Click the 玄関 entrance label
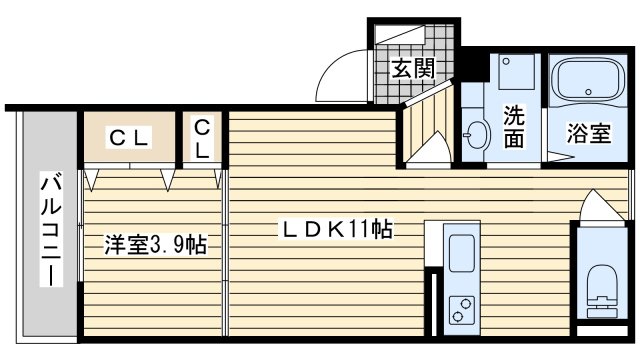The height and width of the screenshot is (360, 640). [413, 68]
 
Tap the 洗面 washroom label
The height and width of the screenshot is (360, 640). [513, 127]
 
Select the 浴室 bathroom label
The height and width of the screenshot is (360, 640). [589, 133]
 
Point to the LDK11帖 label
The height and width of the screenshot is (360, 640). [336, 229]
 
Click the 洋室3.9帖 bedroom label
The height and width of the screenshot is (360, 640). [156, 244]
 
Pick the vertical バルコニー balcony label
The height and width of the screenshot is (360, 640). [51, 229]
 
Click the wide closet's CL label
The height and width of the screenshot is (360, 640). [129, 138]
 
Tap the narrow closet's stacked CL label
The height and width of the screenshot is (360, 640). [202, 140]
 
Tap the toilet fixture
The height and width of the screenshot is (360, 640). [602, 291]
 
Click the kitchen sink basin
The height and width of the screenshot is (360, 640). [462, 254]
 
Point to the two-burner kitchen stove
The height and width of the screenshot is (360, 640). [462, 310]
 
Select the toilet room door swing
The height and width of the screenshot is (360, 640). [602, 207]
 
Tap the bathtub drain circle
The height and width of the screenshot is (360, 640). [588, 92]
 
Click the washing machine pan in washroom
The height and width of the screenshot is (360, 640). [516, 72]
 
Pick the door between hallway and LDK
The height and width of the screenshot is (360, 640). [429, 149]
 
